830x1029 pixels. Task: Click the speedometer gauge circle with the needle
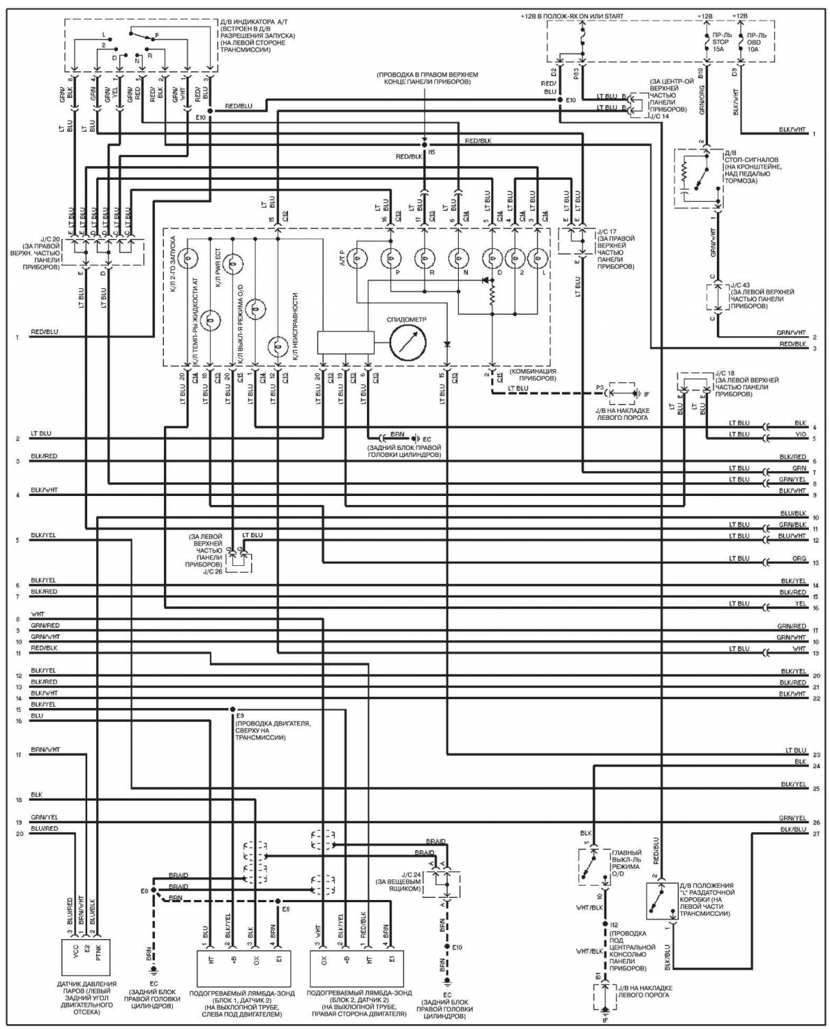click(407, 341)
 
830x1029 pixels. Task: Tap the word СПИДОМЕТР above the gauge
click(406, 320)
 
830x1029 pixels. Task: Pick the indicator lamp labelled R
click(425, 258)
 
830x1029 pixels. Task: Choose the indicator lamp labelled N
click(459, 258)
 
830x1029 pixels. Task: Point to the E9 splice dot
click(233, 709)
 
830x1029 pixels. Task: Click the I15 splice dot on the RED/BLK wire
click(424, 145)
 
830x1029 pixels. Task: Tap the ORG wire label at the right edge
click(799, 558)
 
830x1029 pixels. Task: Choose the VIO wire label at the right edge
click(800, 434)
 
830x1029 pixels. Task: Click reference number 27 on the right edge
click(816, 833)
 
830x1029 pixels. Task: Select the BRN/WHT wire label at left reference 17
click(45, 749)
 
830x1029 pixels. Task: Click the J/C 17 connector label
click(607, 231)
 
